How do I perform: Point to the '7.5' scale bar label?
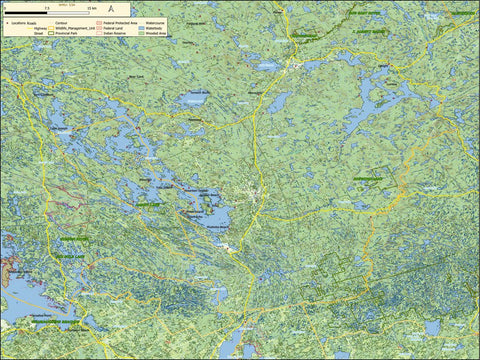click(47, 9)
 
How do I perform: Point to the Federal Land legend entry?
click(108, 28)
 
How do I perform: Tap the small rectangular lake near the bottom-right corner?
click(432, 327)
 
